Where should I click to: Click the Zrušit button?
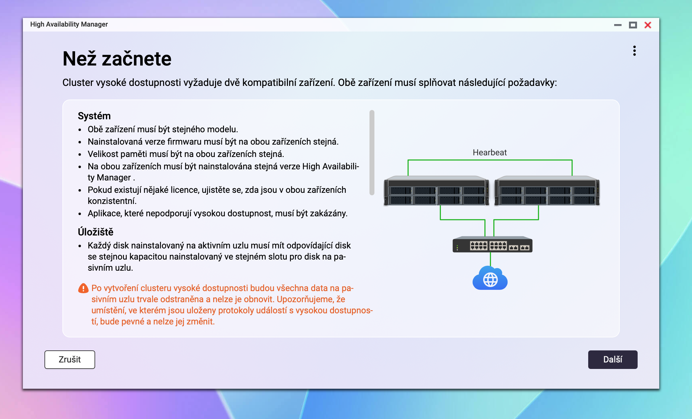tap(70, 359)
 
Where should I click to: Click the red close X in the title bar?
tap(648, 25)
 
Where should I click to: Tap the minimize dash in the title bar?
tap(618, 25)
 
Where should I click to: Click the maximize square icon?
tap(633, 25)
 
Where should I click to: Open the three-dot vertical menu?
tap(634, 51)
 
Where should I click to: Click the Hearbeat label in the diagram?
tap(490, 152)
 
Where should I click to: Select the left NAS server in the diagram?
tap(436, 191)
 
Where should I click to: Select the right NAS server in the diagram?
tap(547, 191)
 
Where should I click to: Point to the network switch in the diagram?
tap(492, 245)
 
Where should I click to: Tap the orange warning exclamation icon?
tap(83, 288)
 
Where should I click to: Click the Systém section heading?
tap(94, 116)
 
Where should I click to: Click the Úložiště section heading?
tap(95, 232)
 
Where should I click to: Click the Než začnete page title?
tap(117, 59)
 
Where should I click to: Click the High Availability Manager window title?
tap(69, 24)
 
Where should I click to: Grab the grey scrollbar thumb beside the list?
tap(372, 153)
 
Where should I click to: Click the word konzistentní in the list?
tap(112, 201)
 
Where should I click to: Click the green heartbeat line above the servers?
tap(490, 160)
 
